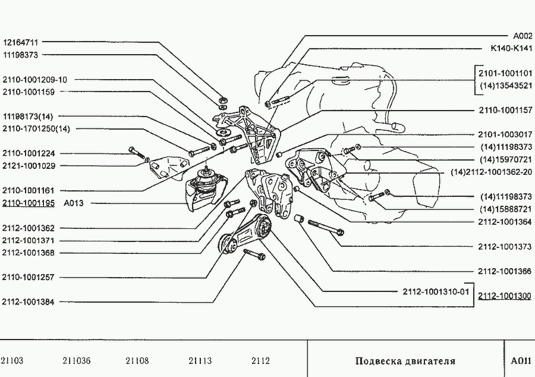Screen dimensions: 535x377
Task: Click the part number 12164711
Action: [x=21, y=43]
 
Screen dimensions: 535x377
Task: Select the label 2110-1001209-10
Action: [x=35, y=80]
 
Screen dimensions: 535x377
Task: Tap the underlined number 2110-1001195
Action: [x=29, y=203]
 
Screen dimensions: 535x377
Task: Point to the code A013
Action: [x=73, y=203]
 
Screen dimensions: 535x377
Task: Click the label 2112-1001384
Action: [x=29, y=302]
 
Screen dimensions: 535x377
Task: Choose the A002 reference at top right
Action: [x=523, y=36]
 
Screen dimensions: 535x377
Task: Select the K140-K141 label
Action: [x=511, y=48]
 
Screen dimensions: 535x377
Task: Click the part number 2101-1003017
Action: [x=505, y=134]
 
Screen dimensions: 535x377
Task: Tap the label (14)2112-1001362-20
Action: [x=492, y=172]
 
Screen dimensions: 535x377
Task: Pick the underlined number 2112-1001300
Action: [x=505, y=296]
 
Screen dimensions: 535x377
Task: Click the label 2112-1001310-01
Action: [x=436, y=292]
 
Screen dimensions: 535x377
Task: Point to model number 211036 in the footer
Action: [x=77, y=361]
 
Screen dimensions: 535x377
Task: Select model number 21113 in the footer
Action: [x=200, y=361]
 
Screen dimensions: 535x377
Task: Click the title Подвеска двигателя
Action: [x=405, y=361]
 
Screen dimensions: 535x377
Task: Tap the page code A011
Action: [x=521, y=361]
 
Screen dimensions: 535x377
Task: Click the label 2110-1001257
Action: [x=29, y=277]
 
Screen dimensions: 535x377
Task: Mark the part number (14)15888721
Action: [x=506, y=209]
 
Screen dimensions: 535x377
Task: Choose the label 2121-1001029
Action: [x=29, y=166]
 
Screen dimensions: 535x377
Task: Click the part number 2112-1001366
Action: [x=505, y=271]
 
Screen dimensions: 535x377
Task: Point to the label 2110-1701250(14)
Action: [x=36, y=129]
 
